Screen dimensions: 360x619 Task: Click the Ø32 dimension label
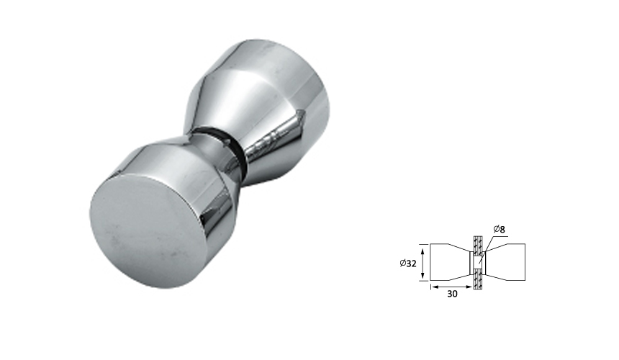pos(408,264)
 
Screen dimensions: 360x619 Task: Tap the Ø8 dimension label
pos(500,229)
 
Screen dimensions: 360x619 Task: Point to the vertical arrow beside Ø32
pos(423,263)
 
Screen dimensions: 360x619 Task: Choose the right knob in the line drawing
pos(507,262)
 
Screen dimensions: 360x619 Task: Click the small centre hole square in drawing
pos(477,263)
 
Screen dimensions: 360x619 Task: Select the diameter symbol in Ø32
pos(402,264)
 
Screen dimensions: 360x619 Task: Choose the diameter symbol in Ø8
pos(496,229)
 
